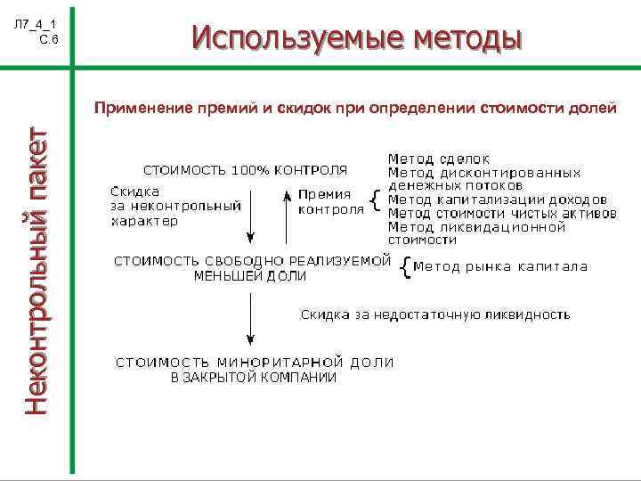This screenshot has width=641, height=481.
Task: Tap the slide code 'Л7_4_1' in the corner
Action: (x=37, y=23)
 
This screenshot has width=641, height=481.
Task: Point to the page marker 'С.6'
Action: (x=49, y=40)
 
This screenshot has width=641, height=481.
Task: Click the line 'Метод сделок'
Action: (x=430, y=159)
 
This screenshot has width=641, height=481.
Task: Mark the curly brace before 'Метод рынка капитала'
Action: (x=407, y=266)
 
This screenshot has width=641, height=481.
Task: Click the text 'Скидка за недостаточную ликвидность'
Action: (x=434, y=314)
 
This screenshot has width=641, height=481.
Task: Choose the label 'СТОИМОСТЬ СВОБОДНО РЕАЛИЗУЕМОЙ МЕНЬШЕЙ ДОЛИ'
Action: (x=252, y=268)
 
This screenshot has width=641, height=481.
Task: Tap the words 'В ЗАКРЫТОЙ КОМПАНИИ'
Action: (x=254, y=377)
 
